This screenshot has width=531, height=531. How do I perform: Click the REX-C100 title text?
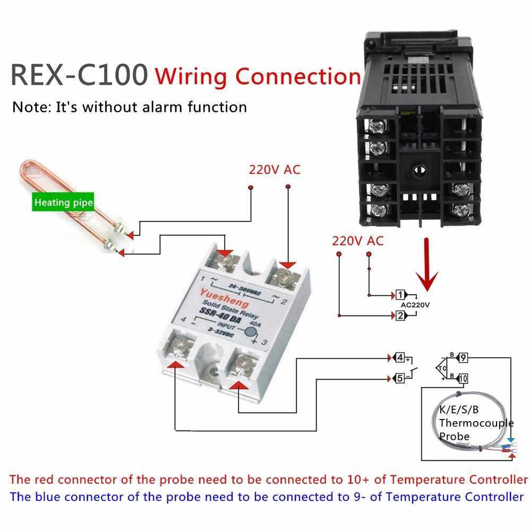tap(79, 75)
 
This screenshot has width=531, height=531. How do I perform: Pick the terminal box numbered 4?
tap(399, 357)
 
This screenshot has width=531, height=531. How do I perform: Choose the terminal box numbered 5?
tap(399, 378)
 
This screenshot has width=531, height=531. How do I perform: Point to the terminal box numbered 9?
tap(463, 357)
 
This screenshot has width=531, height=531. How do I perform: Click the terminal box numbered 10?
tap(463, 378)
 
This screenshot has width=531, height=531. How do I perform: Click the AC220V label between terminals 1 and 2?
tap(415, 305)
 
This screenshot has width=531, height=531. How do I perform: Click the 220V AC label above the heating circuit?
tap(275, 170)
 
